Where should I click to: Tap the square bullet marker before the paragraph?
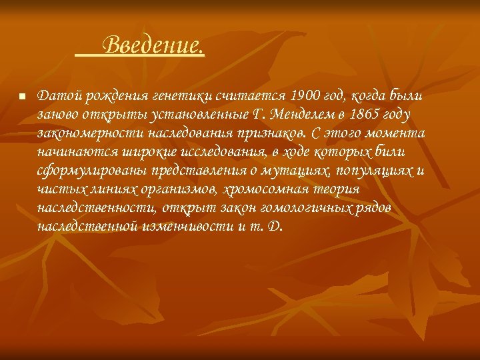click(21, 97)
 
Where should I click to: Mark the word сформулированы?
click(84, 170)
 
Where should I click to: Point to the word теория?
click(339, 189)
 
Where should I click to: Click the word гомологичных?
click(291, 208)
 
